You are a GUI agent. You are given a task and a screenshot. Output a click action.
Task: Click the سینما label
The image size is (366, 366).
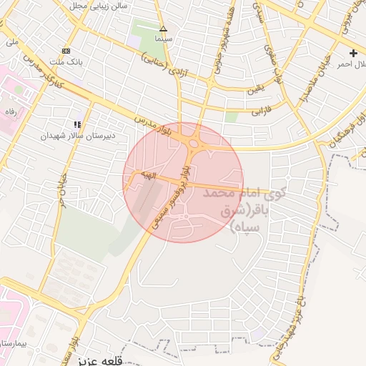[163, 38]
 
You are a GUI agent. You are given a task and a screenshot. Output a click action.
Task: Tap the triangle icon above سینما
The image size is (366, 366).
[163, 29]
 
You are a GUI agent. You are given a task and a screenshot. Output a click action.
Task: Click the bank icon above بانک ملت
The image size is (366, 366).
[66, 51]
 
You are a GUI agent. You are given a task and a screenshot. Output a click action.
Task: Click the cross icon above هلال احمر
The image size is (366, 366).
[353, 53]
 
